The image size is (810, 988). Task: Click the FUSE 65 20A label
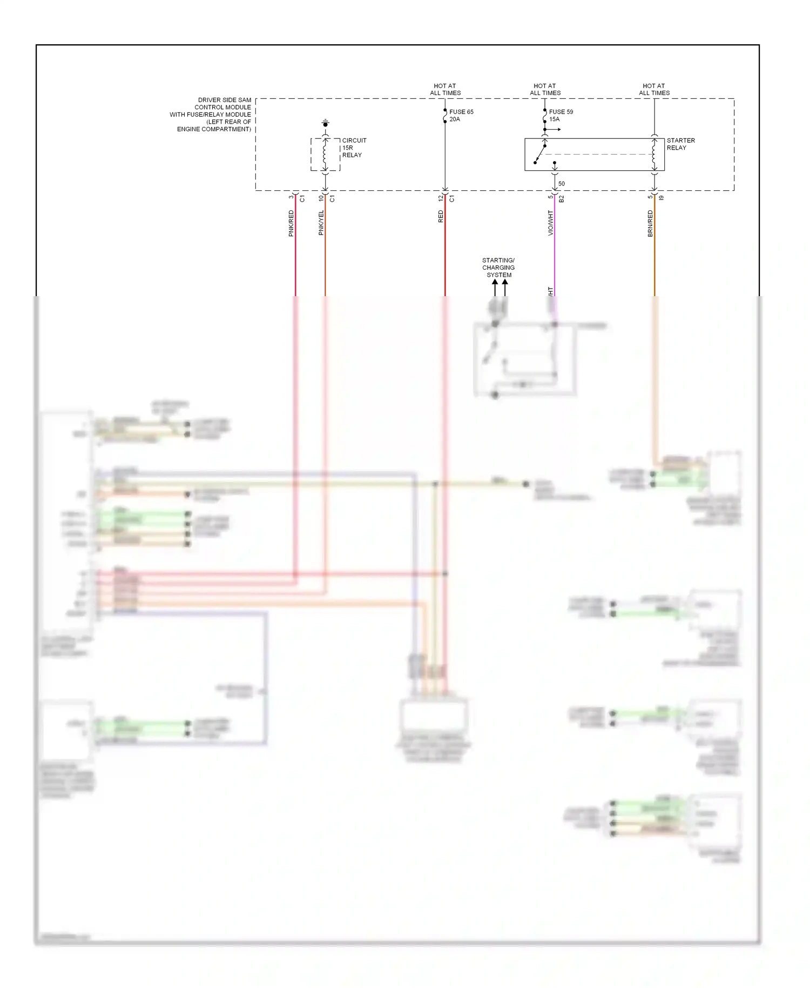click(461, 115)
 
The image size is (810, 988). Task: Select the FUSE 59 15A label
click(561, 115)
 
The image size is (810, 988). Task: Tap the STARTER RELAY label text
click(680, 144)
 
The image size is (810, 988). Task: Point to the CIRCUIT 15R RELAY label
click(354, 148)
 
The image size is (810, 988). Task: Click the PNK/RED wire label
click(291, 223)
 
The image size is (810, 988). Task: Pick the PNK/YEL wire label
click(321, 223)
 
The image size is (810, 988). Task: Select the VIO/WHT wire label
click(550, 223)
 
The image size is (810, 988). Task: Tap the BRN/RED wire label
click(650, 223)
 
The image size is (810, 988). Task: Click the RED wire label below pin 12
click(441, 217)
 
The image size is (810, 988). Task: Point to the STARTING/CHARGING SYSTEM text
click(498, 268)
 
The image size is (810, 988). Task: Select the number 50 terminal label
click(562, 184)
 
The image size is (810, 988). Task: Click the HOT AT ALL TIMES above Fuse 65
click(445, 89)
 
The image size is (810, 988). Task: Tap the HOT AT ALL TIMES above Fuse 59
click(545, 89)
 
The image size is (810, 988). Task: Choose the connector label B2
click(561, 199)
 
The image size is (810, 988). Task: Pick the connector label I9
click(661, 198)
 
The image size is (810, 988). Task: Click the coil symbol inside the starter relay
click(654, 154)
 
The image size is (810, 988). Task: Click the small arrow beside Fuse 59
click(555, 130)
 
